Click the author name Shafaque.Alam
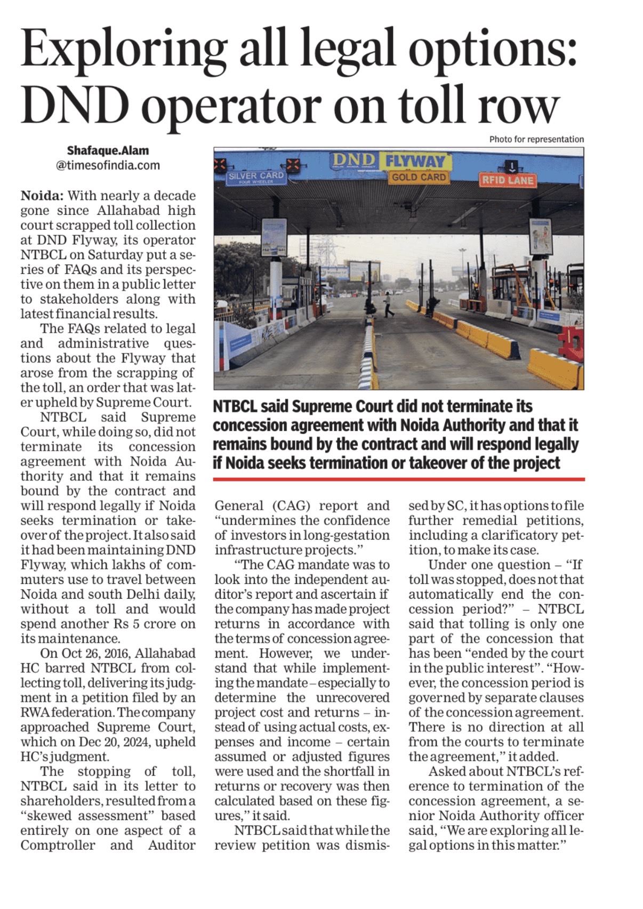point(108,150)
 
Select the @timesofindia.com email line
point(108,165)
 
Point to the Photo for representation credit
point(536,139)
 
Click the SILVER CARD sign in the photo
point(256,177)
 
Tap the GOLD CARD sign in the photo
point(419,178)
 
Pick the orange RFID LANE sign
point(507,180)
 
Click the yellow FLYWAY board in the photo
point(415,160)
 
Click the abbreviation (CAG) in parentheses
point(295,505)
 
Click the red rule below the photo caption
point(398,479)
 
